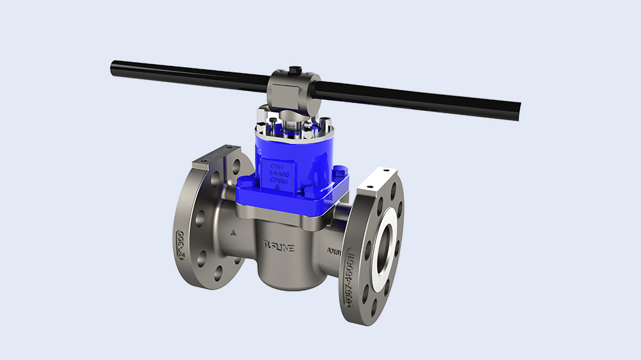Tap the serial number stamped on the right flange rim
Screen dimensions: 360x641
pos(351,277)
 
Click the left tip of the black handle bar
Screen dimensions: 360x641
pos(114,65)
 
